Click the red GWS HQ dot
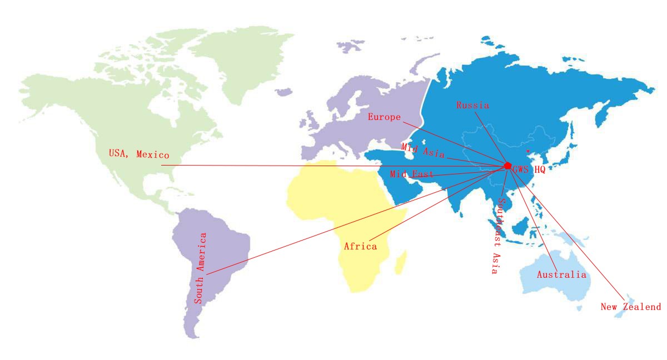[x=507, y=166]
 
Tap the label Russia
[x=472, y=105]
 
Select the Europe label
[x=384, y=117]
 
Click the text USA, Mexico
[x=138, y=153]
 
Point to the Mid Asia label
[x=422, y=149]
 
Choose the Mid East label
[x=412, y=174]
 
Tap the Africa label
[x=360, y=246]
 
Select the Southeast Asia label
[x=496, y=236]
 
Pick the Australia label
[x=561, y=274]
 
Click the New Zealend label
[x=631, y=307]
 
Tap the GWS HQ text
[x=529, y=170]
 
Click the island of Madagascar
[x=400, y=262]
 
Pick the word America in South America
[x=202, y=253]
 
